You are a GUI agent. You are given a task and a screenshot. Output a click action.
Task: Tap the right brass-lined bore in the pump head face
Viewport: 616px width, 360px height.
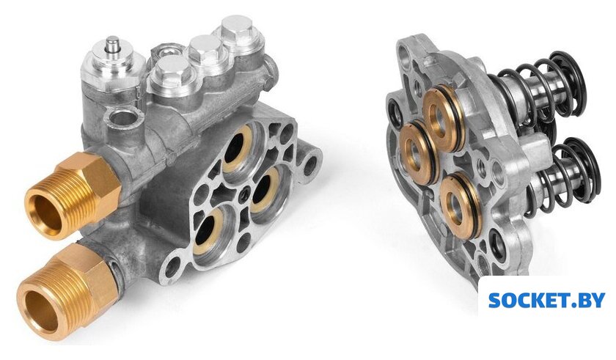264,191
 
